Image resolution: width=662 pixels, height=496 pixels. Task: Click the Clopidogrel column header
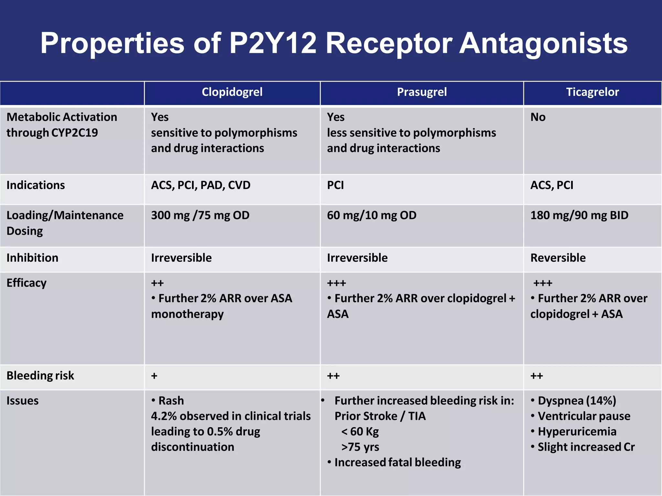tap(232, 92)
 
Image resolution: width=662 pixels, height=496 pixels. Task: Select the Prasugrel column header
tap(422, 92)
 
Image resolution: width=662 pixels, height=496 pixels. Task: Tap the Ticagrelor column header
tap(593, 92)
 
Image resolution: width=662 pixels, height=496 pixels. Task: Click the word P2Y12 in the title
tap(272, 43)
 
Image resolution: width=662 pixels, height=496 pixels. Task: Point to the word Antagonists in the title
tap(543, 43)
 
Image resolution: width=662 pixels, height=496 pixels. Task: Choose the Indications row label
tap(36, 185)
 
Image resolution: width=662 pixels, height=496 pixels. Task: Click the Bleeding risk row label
tap(40, 376)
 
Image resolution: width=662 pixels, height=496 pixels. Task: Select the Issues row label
tap(22, 401)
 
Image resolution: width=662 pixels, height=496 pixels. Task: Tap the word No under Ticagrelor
tap(538, 117)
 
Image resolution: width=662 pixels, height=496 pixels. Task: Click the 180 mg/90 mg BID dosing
tap(579, 215)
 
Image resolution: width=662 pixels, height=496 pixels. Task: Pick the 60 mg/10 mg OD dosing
tap(372, 215)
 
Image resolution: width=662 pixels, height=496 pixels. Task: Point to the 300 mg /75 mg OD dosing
tap(200, 215)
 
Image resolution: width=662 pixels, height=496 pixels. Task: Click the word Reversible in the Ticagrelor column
tap(558, 258)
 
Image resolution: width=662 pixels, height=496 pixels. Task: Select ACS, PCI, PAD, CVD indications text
tap(201, 185)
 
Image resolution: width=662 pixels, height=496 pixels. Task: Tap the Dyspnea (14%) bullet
tap(577, 401)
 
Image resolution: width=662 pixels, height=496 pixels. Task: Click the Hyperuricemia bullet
tap(577, 432)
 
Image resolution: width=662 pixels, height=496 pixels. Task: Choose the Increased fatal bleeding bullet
tap(397, 462)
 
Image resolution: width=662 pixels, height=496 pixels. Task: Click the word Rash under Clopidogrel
tap(171, 401)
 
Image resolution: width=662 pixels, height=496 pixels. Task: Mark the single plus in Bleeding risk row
tap(154, 376)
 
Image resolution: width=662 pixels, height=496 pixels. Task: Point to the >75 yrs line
tap(360, 447)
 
